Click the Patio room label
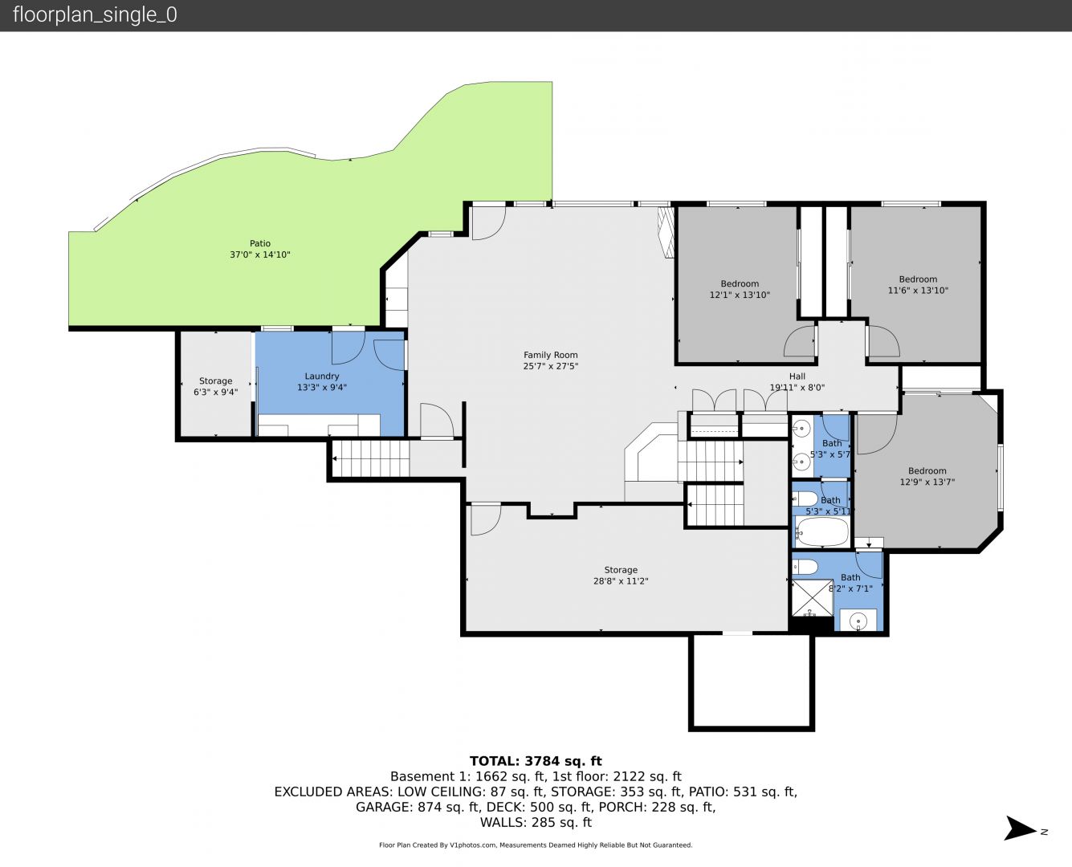tap(259, 243)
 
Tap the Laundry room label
tap(321, 377)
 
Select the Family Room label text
tap(551, 356)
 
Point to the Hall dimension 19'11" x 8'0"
tap(797, 388)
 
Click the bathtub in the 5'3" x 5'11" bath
tap(822, 531)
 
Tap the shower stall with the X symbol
tap(813, 598)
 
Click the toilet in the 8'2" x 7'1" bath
tap(805, 567)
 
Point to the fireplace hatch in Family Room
tap(666, 233)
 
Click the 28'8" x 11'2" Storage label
tap(621, 581)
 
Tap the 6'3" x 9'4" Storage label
tap(215, 393)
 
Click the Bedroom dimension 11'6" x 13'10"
tap(918, 291)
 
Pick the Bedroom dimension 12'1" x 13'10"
tap(740, 295)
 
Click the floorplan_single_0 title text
tap(95, 15)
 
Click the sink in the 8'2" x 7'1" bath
tap(858, 621)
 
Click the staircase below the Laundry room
tap(371, 458)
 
